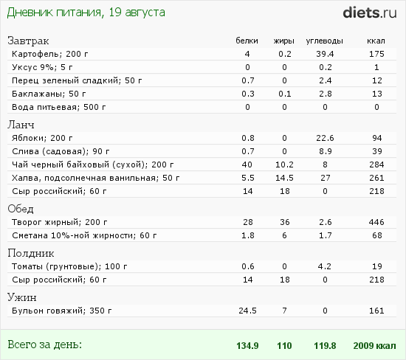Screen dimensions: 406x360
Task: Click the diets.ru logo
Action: tap(370, 13)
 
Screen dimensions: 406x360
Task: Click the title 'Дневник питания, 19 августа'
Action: tap(86, 13)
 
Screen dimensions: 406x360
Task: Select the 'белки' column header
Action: tap(247, 41)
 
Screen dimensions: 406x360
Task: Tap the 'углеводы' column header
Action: tap(325, 41)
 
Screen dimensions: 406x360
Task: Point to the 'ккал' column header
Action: tap(376, 41)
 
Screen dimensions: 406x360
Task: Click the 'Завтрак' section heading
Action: tap(28, 41)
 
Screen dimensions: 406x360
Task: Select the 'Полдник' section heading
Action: tap(31, 253)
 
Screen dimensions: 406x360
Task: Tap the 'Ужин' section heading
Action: tap(22, 297)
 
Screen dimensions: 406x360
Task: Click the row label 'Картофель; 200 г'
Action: tap(50, 54)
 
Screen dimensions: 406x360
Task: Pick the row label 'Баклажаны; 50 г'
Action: tap(49, 94)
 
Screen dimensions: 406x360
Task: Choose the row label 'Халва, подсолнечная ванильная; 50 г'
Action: tap(95, 178)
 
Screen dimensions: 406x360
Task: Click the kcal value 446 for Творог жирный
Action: tap(376, 222)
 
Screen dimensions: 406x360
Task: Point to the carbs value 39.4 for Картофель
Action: tap(325, 54)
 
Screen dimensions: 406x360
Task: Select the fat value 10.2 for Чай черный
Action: tap(284, 165)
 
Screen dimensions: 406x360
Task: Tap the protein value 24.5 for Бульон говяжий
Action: tap(247, 311)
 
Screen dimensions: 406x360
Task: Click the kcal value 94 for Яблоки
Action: tap(377, 138)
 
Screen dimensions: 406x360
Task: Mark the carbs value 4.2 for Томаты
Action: tap(325, 266)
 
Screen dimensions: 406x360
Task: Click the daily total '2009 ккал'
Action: tap(375, 346)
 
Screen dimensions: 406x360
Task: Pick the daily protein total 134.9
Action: tap(247, 346)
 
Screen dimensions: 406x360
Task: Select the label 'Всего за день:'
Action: tap(44, 345)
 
